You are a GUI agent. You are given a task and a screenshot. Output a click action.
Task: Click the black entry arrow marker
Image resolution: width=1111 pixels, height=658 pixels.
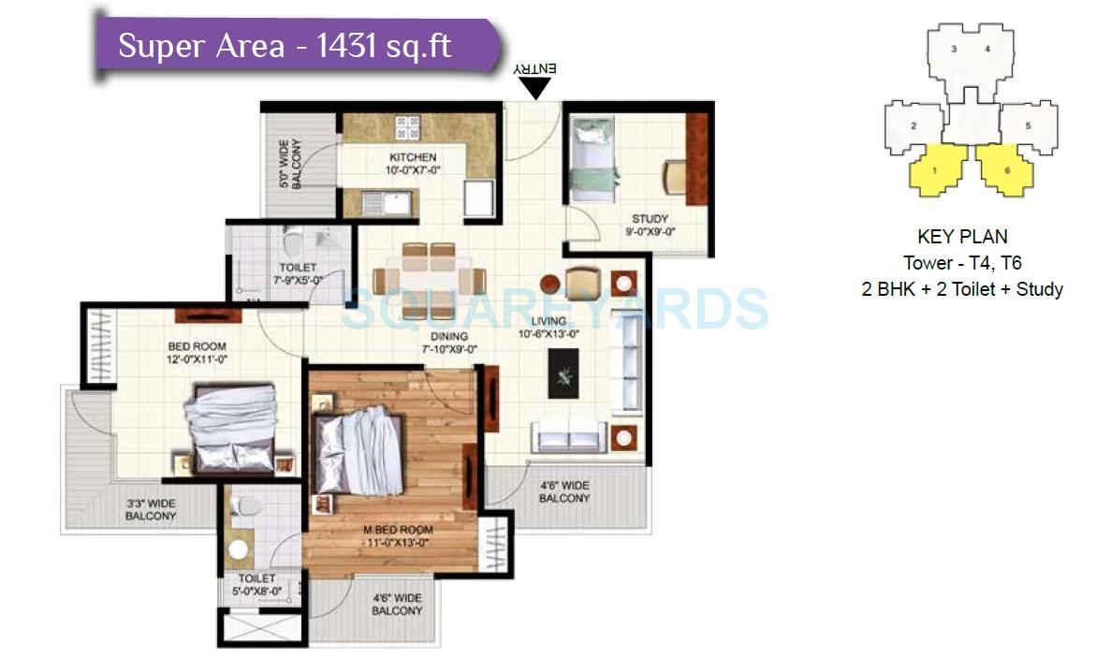point(535,88)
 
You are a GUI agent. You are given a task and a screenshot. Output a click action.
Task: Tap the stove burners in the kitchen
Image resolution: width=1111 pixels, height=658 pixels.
point(407,127)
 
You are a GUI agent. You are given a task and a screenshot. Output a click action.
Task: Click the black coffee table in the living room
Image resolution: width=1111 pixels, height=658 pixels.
point(563,375)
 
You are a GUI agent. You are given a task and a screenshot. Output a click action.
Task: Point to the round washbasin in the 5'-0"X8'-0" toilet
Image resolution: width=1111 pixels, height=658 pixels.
point(240,549)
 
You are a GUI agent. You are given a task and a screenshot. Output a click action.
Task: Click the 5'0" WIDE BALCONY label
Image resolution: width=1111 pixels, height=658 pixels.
point(290,165)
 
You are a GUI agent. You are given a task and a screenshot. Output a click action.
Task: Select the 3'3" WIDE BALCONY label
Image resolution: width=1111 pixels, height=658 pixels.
point(151,509)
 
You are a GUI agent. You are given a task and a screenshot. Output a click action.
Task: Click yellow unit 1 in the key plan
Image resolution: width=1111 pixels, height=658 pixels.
point(936,170)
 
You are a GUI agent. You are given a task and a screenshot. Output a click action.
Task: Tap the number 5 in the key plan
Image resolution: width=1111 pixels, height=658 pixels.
point(1028,124)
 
